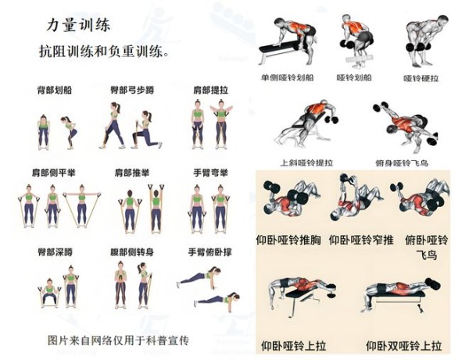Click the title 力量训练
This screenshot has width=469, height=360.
[x=78, y=25]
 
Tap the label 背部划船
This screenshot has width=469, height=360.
[x=55, y=90]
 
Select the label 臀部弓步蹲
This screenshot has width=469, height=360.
[x=132, y=90]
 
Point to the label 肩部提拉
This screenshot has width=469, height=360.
[x=211, y=90]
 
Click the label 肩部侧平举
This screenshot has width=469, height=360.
[x=53, y=173]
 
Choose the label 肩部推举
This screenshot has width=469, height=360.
[x=132, y=173]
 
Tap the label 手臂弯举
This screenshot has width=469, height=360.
[x=210, y=173]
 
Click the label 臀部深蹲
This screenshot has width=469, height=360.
[x=55, y=252]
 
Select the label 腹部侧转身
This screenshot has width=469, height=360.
[x=132, y=252]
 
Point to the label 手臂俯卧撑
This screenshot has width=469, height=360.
[x=210, y=252]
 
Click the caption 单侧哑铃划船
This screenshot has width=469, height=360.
[x=288, y=77]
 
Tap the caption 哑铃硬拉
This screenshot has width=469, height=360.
[x=421, y=78]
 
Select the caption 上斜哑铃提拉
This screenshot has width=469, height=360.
[x=306, y=163]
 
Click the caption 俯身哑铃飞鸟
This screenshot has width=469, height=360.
[x=402, y=163]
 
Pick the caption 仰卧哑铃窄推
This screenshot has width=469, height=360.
[x=361, y=240]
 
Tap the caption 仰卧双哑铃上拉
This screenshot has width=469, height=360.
[x=404, y=346]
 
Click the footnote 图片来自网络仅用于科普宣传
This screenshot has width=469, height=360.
[x=119, y=340]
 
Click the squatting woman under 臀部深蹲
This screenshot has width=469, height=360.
[x=49, y=293]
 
